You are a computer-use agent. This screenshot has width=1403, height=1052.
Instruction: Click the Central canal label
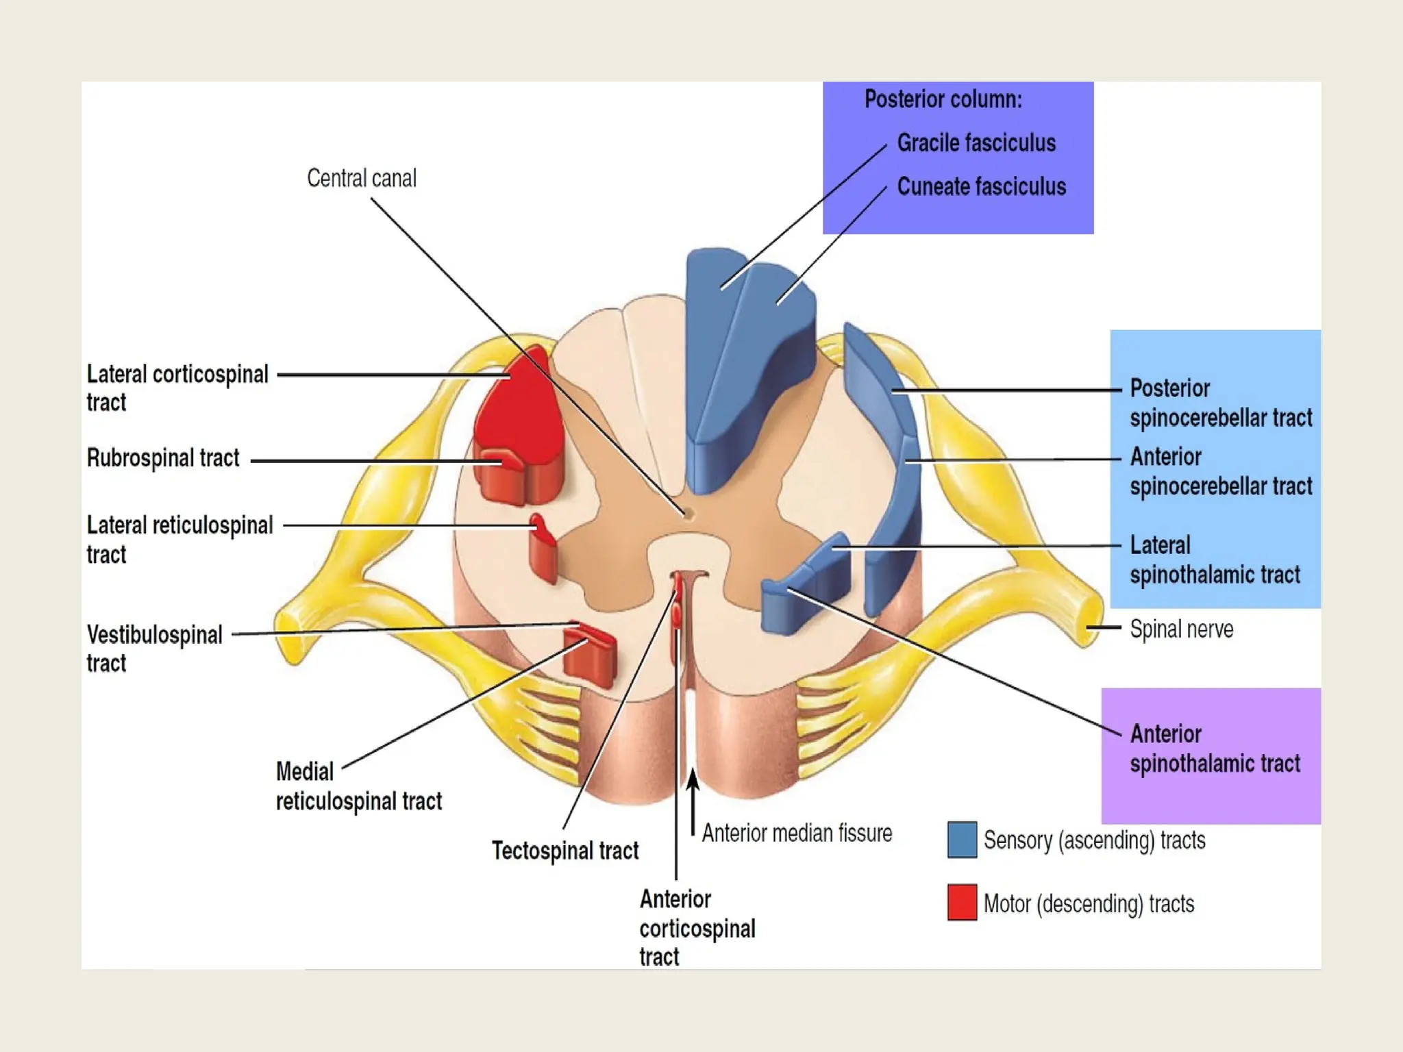(x=361, y=179)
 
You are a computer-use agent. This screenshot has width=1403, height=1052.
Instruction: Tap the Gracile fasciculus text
(x=976, y=143)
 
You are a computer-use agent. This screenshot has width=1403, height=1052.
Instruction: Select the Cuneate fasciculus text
(x=981, y=187)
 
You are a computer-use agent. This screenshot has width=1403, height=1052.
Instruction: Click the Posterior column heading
(x=943, y=100)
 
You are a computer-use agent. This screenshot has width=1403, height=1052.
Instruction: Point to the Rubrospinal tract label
(x=163, y=458)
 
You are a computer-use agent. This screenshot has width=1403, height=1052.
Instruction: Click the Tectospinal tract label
(x=564, y=851)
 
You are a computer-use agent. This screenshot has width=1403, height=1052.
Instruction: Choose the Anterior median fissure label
(x=797, y=834)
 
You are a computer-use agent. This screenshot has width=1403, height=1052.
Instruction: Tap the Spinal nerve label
(x=1181, y=629)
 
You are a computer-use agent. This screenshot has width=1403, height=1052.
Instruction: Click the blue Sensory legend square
(x=962, y=840)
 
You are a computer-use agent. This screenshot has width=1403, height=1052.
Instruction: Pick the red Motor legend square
(x=962, y=903)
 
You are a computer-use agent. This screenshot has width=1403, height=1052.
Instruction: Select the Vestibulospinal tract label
(x=154, y=648)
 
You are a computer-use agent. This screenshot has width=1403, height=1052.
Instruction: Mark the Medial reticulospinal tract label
(x=358, y=786)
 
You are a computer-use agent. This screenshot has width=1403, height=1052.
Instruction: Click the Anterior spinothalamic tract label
(x=1214, y=749)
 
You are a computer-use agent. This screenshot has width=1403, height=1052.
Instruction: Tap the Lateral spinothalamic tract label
(x=1214, y=560)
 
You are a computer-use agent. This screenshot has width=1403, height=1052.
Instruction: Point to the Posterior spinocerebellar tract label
(x=1220, y=403)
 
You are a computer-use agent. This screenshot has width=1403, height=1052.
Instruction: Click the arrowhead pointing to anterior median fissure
(x=693, y=777)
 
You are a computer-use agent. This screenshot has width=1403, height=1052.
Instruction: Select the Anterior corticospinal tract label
(x=697, y=928)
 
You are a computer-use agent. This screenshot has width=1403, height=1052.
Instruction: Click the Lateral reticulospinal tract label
(x=179, y=539)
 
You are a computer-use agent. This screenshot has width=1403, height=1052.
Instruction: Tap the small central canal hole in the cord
(x=686, y=512)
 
